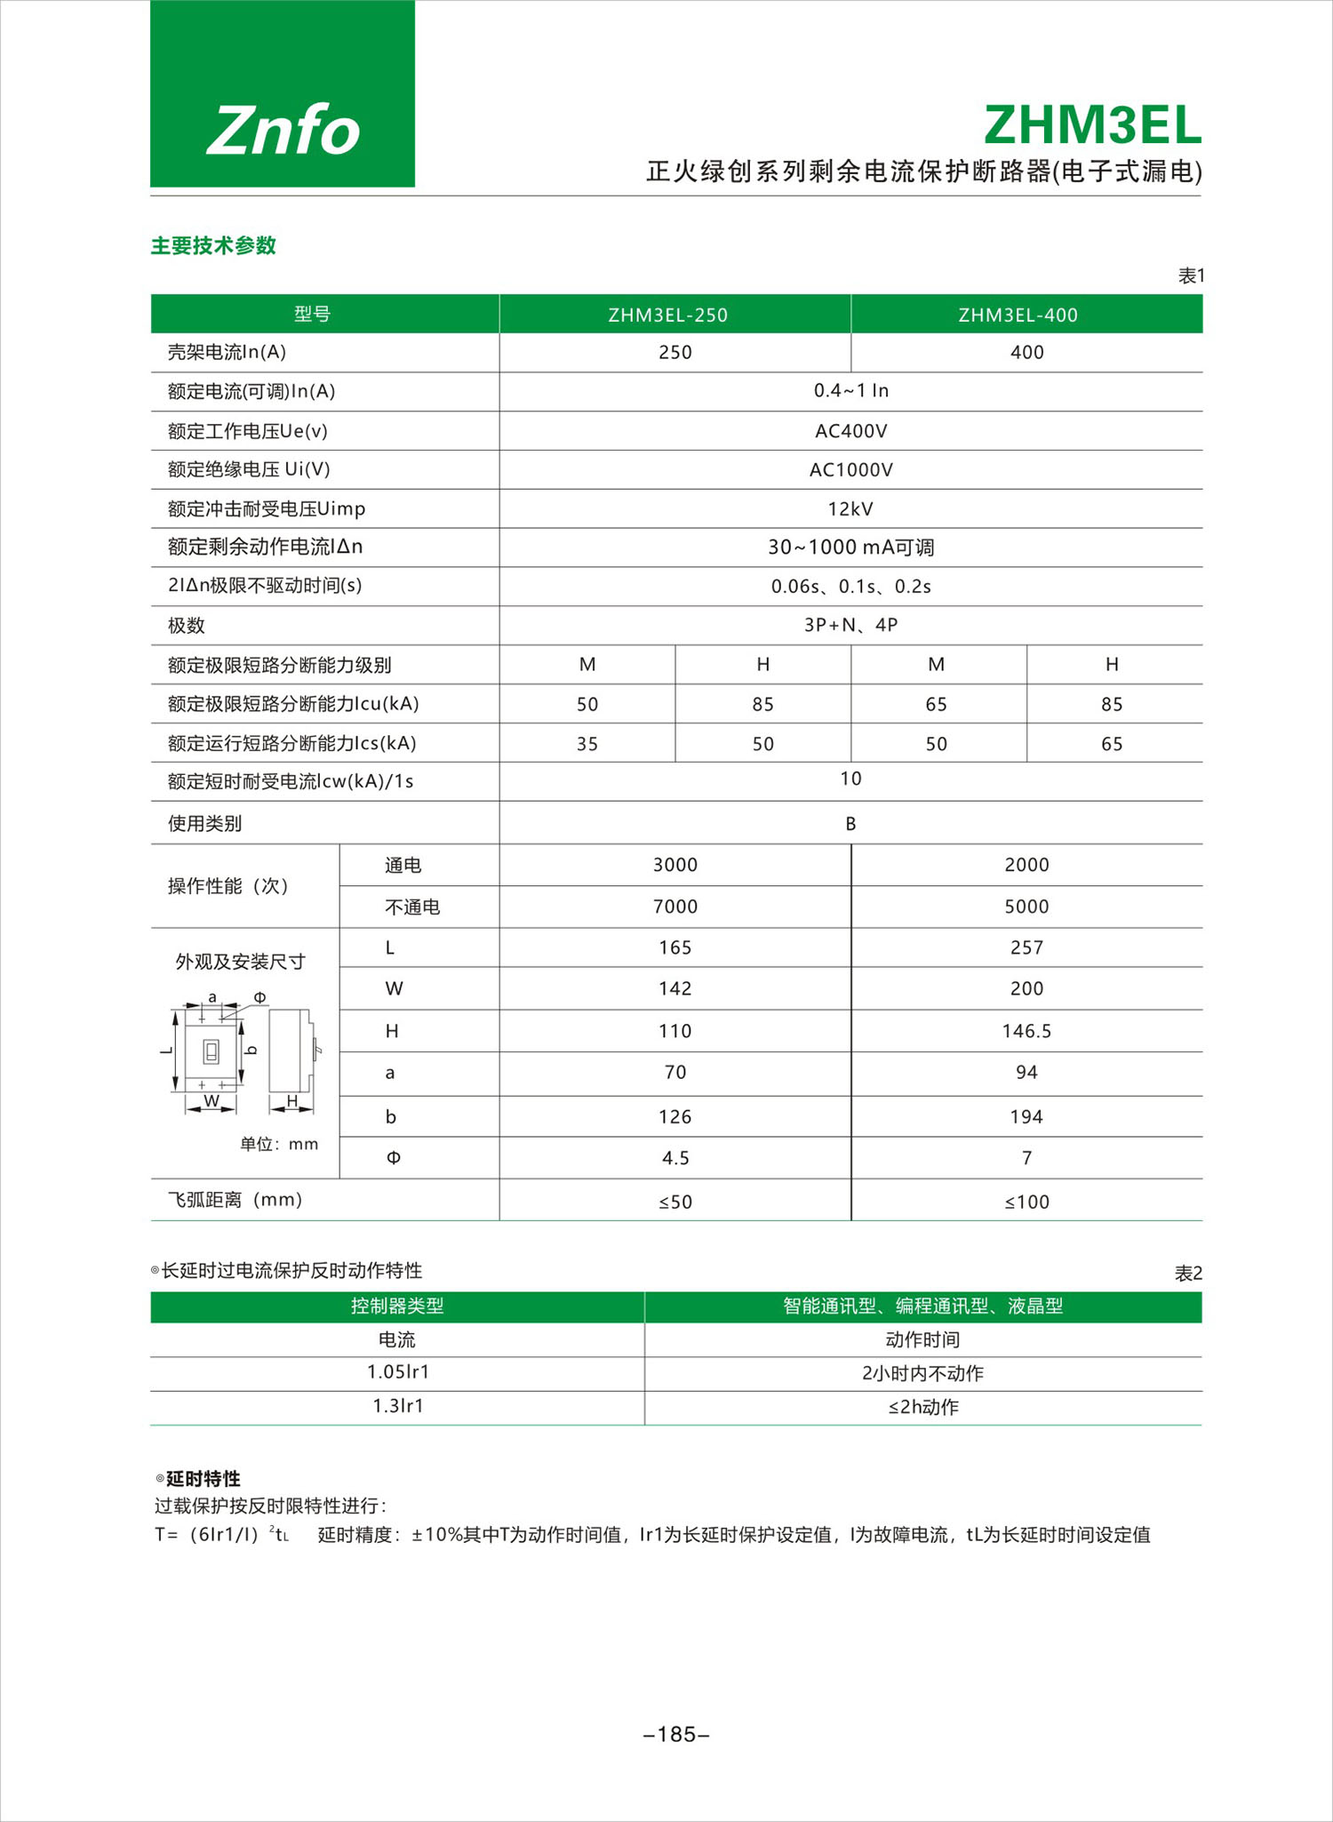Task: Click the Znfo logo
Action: coord(283,130)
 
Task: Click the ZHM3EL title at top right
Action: coord(1092,125)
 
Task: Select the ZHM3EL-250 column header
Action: coord(667,316)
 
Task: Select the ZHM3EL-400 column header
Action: coord(1018,316)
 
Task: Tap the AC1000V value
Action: coord(850,470)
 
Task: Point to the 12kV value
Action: coord(850,509)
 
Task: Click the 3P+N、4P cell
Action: coord(850,626)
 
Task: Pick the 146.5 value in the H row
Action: coord(1026,1031)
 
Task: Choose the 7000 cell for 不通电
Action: coord(674,907)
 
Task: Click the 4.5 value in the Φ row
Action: coord(674,1158)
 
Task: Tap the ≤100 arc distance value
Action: coord(1026,1203)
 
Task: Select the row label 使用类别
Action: coord(204,824)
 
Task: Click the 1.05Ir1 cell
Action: coord(397,1372)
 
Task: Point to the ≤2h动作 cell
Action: coord(923,1407)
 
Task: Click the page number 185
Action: coord(676,1734)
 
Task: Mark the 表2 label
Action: coord(1188,1274)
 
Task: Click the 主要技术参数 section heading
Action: coord(213,246)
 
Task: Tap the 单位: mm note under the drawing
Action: coord(278,1144)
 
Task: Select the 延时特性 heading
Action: coord(203,1479)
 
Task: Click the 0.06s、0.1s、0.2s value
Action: coord(850,587)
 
